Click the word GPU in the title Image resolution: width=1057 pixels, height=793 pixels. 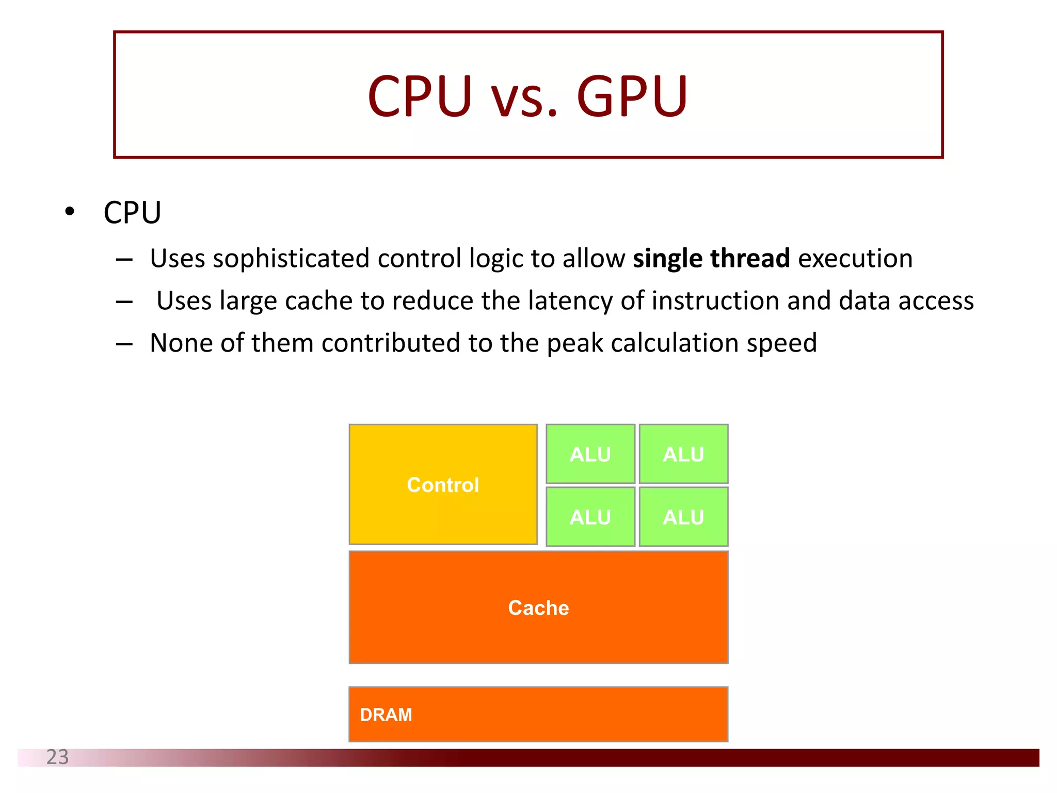point(632,96)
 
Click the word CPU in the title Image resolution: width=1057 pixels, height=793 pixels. point(420,96)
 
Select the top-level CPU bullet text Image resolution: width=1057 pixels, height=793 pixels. point(132,212)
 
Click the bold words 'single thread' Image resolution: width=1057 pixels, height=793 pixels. point(711,258)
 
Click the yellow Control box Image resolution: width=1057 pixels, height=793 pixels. point(443,484)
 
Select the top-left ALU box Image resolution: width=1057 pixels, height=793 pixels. point(590,454)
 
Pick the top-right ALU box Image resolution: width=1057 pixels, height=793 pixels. point(683,454)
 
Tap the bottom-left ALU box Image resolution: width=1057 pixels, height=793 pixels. point(590,517)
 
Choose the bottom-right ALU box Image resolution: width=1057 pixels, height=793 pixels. point(683,517)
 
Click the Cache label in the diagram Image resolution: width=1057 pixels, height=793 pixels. point(538,608)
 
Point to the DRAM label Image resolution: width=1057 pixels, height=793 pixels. point(386,715)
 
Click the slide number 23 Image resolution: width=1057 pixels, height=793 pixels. point(57,757)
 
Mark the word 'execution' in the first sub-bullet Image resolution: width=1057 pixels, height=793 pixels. point(855,258)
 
